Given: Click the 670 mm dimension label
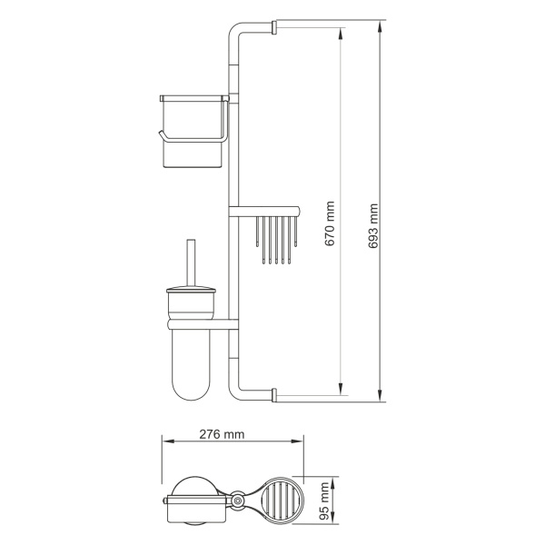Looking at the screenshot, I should point(331,223).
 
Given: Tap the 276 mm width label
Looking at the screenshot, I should point(222,434).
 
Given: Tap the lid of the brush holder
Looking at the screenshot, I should point(191,295).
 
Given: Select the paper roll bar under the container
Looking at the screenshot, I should point(191,136).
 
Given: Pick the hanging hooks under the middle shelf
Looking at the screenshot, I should point(272,241).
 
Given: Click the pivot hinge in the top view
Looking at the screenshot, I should point(238,500).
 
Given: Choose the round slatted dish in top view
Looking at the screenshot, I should point(279,500).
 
